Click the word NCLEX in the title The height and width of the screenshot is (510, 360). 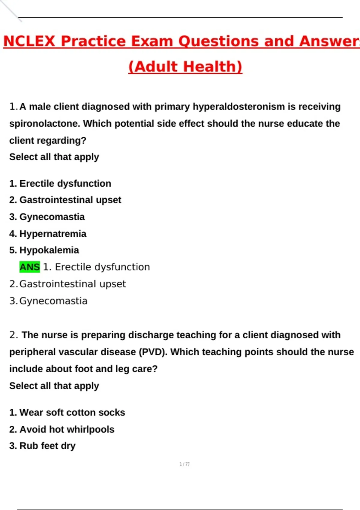(29, 41)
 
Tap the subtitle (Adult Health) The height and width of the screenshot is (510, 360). (185, 67)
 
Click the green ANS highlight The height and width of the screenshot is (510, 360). (29, 267)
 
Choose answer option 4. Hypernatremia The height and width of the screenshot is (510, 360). (48, 234)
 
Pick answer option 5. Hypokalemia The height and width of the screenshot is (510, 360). (44, 250)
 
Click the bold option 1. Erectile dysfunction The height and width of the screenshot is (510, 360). (60, 183)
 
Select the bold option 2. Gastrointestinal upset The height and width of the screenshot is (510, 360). (65, 200)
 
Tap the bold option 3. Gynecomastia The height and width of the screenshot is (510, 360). (47, 217)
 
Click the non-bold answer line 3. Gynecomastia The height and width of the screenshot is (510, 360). (48, 301)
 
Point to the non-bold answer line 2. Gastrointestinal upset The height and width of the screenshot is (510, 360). (67, 284)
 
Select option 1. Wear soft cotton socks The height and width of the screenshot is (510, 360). (67, 412)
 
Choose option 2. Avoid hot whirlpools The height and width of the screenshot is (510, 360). (61, 429)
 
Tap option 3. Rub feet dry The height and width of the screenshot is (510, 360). (42, 446)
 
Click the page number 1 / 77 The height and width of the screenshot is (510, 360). (184, 464)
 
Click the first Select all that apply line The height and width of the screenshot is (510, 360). (54, 157)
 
